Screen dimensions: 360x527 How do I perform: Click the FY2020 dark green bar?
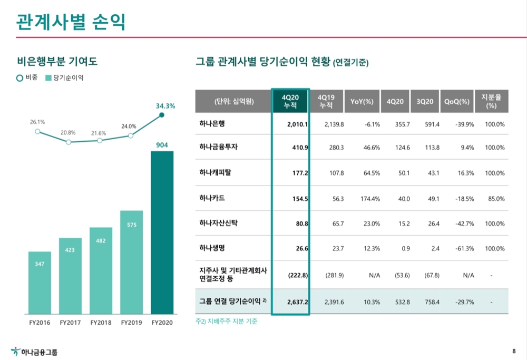tap(162, 232)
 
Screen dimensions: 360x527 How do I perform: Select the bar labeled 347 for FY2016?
tap(40, 283)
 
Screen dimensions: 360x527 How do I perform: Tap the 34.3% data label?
tap(165, 106)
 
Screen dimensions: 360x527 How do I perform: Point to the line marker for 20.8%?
tap(69, 142)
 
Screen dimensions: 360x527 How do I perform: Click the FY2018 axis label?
tap(101, 322)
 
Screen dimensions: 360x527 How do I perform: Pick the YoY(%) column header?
tap(362, 101)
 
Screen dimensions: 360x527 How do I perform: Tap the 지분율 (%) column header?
tap(491, 101)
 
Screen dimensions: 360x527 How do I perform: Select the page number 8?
tap(514, 351)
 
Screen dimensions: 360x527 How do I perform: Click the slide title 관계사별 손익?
tap(71, 22)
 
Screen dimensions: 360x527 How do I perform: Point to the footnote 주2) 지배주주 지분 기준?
tap(227, 321)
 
